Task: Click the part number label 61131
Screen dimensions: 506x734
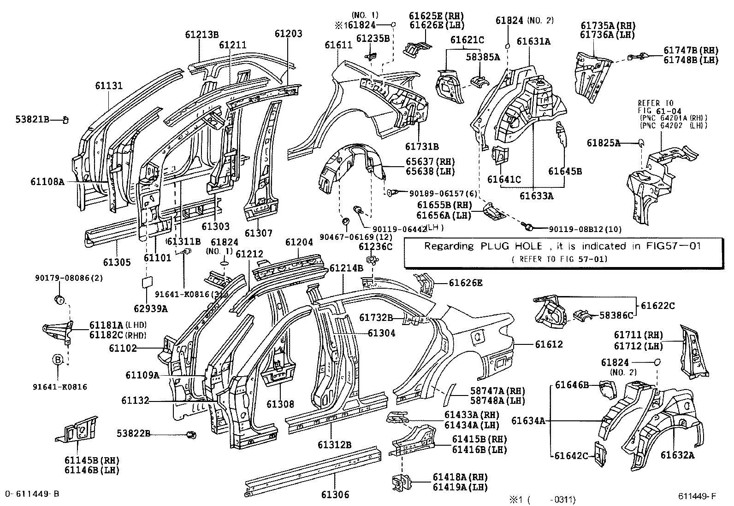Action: click(109, 85)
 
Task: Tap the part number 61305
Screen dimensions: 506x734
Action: click(117, 262)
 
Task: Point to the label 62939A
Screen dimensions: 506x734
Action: click(151, 309)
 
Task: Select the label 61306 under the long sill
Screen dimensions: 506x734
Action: click(335, 494)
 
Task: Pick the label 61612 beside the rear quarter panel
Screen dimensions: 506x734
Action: click(549, 344)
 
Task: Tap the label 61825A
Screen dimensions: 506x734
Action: click(603, 143)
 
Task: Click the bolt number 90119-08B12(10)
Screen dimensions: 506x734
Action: click(585, 229)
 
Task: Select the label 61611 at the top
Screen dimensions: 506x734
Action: click(338, 45)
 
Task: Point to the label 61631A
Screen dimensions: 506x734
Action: click(533, 41)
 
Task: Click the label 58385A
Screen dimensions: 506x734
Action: click(483, 57)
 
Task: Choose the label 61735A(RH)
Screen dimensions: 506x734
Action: click(608, 25)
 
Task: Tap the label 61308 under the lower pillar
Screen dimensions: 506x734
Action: click(280, 404)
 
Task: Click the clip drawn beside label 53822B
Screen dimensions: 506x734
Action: click(191, 434)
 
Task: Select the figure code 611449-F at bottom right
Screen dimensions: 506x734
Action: click(697, 496)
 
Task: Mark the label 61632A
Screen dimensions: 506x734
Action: click(677, 455)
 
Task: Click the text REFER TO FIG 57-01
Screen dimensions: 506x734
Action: click(559, 259)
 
